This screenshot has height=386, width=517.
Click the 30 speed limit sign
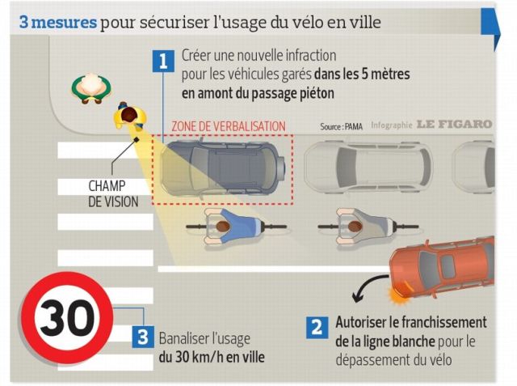pyautogui.click(x=67, y=318)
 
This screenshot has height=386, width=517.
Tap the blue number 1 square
pyautogui.click(x=163, y=61)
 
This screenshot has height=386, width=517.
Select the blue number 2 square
pyautogui.click(x=317, y=328)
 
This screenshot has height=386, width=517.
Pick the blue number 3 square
pyautogui.click(x=143, y=337)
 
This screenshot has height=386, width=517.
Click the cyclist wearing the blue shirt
pyautogui.click(x=236, y=227)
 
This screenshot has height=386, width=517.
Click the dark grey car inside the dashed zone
pyautogui.click(x=223, y=168)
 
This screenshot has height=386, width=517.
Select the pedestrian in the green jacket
pyautogui.click(x=91, y=88)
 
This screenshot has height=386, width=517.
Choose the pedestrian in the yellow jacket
pyautogui.click(x=130, y=116)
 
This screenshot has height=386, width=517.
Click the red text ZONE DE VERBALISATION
pyautogui.click(x=229, y=126)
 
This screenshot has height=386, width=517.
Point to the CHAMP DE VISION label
pyautogui.click(x=113, y=194)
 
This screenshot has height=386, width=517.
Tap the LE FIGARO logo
pyautogui.click(x=454, y=124)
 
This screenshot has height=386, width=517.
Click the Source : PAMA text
pyautogui.click(x=341, y=126)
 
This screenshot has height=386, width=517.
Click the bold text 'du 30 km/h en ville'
pyautogui.click(x=212, y=358)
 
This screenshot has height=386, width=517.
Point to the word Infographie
pyautogui.click(x=392, y=125)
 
